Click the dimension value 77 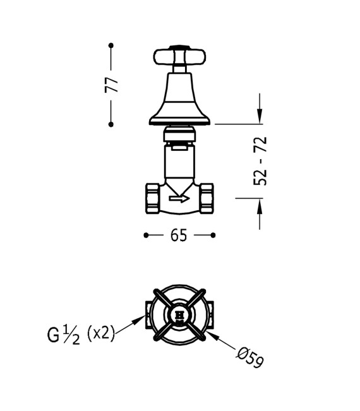112,85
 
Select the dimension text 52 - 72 260,161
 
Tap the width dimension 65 179,235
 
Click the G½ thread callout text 64,333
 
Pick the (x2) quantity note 100,333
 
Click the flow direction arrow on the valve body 179,200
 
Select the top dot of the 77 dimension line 111,45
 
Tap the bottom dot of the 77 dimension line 111,124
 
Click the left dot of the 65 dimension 145,235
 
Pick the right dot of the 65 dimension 213,235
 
